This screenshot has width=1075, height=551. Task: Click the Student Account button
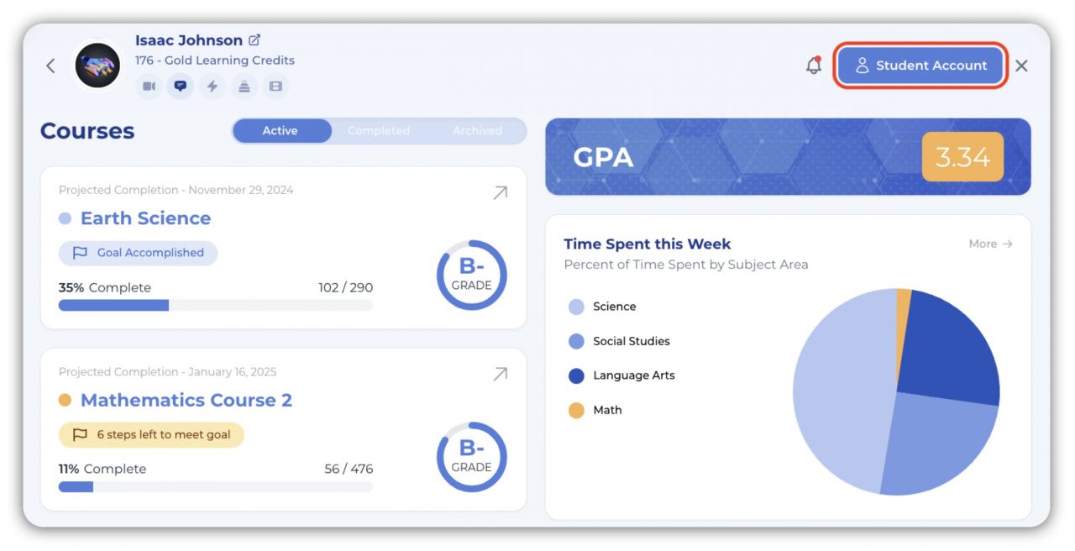[920, 66]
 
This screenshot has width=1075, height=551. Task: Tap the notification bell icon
[813, 66]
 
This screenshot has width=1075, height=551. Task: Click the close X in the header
[1021, 66]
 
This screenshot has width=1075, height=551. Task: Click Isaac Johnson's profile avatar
[97, 66]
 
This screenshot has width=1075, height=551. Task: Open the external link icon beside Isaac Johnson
[254, 40]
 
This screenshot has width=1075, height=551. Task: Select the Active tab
[280, 131]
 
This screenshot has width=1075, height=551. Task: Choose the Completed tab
[379, 131]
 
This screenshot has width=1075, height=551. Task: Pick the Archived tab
[477, 131]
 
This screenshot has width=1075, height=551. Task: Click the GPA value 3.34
[962, 157]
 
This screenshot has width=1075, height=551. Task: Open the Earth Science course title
[145, 218]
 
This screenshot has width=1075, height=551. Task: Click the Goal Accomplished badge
[139, 253]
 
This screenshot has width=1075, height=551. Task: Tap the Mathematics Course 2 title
[186, 401]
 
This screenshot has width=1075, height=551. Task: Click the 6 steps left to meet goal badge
[151, 435]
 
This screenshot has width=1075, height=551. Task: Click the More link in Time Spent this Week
[990, 244]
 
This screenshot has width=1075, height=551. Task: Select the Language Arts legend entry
[633, 375]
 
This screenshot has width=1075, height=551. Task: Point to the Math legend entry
[606, 410]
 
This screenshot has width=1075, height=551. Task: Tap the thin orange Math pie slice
[904, 302]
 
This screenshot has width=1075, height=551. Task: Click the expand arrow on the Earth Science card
[500, 193]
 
